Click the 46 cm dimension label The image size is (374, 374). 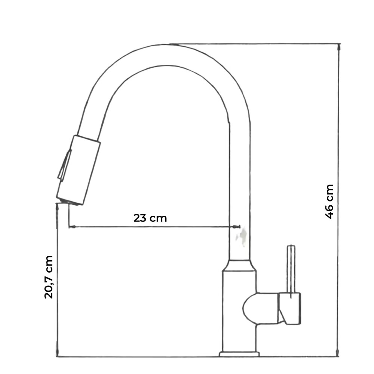click(329, 201)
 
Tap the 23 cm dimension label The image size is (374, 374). click(150, 218)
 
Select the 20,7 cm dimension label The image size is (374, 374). click(49, 277)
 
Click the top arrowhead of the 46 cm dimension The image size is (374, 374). click(339, 46)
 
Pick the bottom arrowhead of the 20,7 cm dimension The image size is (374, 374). click(57, 354)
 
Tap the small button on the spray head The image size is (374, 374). click(64, 165)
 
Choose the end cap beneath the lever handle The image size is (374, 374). click(290, 309)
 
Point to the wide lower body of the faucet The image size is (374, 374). click(239, 295)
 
